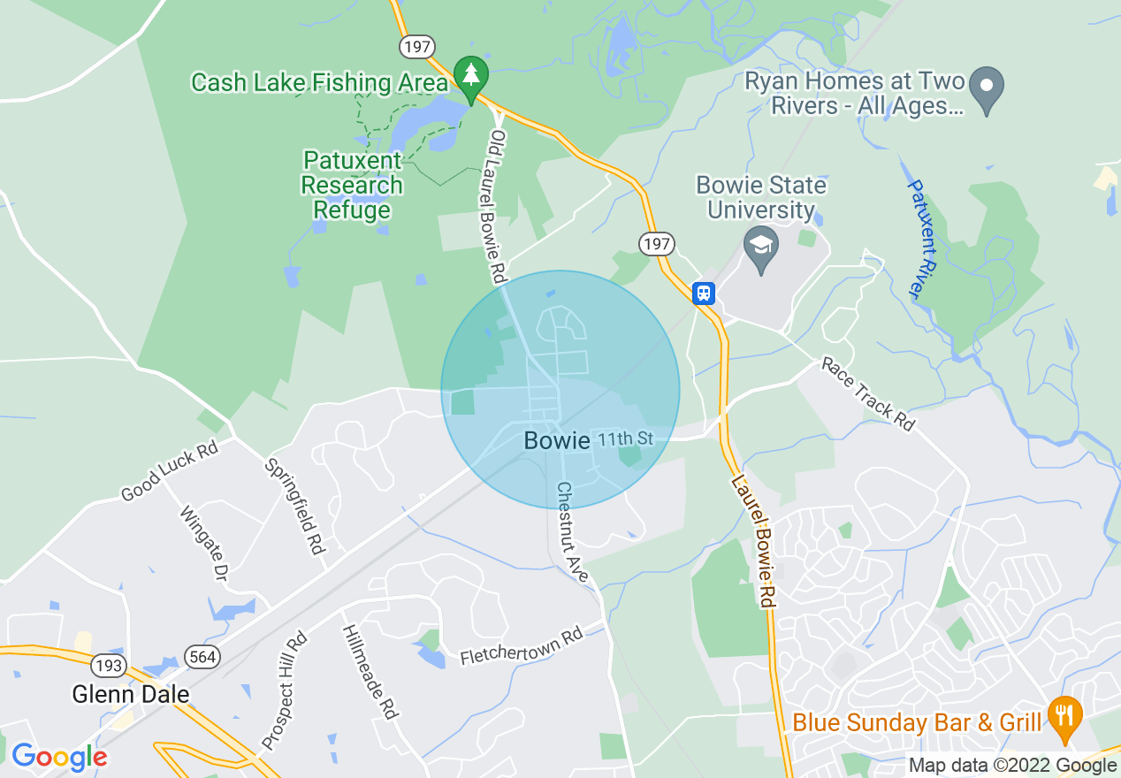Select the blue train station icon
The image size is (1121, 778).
coord(704,293)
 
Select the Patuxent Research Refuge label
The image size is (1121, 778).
coord(352,186)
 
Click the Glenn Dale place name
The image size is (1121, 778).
coord(131,694)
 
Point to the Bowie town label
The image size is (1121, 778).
coord(556,440)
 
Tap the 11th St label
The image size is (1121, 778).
coord(626,439)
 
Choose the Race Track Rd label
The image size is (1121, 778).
coord(868,393)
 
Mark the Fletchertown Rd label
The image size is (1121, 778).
coord(522,647)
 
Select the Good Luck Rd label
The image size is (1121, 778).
coord(169,472)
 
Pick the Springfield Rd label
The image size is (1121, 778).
coord(296,507)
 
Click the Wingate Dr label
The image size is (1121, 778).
coord(203,542)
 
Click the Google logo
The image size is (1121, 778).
coord(59,757)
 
